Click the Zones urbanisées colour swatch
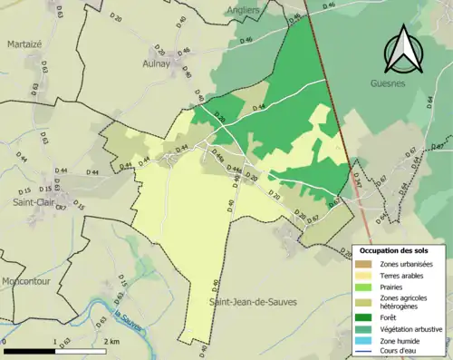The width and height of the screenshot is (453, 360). [364, 264]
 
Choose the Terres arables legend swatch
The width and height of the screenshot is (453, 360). [364, 276]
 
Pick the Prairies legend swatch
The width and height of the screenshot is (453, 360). [364, 287]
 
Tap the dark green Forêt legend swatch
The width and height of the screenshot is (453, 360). [364, 316]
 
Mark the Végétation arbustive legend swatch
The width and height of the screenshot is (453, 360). [364, 328]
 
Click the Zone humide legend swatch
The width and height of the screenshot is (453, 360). [364, 340]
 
